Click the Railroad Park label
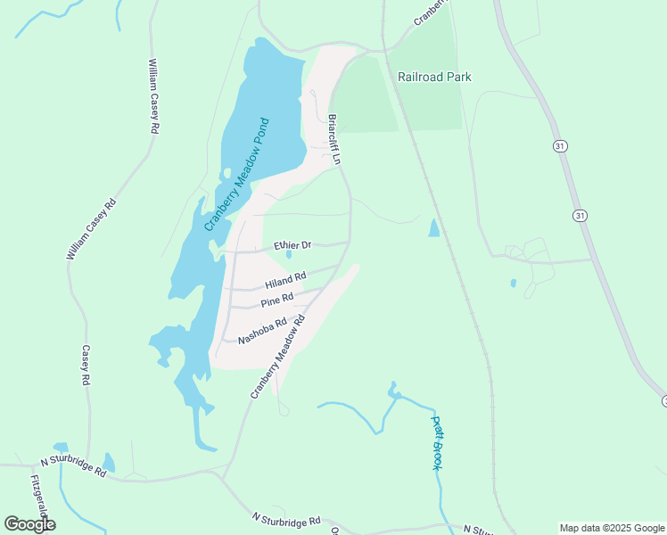click(434, 77)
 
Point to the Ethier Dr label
click(292, 244)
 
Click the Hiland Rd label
click(285, 282)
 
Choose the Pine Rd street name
click(276, 300)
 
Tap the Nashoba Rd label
click(262, 331)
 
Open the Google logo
click(29, 524)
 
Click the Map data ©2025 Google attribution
click(612, 528)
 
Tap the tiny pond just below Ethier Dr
click(288, 255)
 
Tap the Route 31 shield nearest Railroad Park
click(560, 146)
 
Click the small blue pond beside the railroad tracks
click(433, 228)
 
